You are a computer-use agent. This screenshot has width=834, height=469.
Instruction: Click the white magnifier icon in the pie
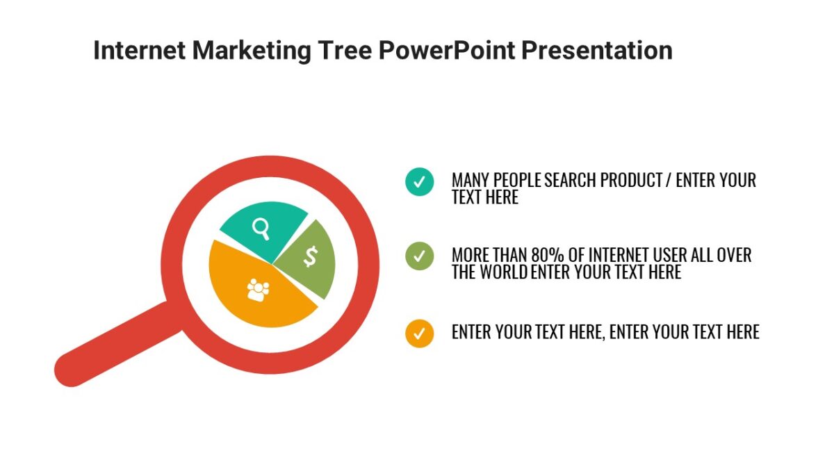tap(261, 227)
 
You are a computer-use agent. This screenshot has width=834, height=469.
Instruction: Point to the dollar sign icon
tap(310, 256)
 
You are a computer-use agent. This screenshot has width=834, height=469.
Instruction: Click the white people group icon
tap(257, 289)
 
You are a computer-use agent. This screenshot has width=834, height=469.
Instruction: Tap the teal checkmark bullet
tap(419, 182)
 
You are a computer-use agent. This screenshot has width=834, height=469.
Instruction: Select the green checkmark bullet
tap(419, 256)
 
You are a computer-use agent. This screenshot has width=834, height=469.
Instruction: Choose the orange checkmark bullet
tap(419, 333)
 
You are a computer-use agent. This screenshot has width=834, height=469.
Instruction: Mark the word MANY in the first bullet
tap(471, 181)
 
